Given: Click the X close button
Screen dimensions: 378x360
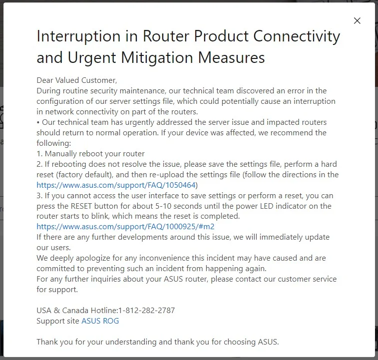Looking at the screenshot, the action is (x=357, y=21).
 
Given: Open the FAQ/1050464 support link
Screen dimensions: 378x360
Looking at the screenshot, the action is (x=116, y=185).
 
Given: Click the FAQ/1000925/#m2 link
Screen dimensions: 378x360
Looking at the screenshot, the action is (x=125, y=226).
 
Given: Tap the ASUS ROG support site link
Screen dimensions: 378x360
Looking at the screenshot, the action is (x=100, y=321).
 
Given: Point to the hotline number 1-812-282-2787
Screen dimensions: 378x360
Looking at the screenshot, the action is (x=147, y=311).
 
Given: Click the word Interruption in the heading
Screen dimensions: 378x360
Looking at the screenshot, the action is (x=78, y=36).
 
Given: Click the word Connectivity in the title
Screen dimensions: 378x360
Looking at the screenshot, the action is (x=297, y=36).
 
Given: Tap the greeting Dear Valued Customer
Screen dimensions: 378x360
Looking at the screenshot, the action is (x=77, y=80).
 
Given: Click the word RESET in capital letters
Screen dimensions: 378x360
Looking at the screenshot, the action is (x=81, y=206).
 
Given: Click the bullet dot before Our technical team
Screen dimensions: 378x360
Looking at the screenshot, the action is (x=38, y=122).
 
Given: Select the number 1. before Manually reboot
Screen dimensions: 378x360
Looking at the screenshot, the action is (x=39, y=154).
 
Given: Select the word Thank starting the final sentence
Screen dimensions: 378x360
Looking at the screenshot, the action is (x=47, y=342).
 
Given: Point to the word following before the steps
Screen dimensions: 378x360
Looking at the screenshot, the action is (x=53, y=143).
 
